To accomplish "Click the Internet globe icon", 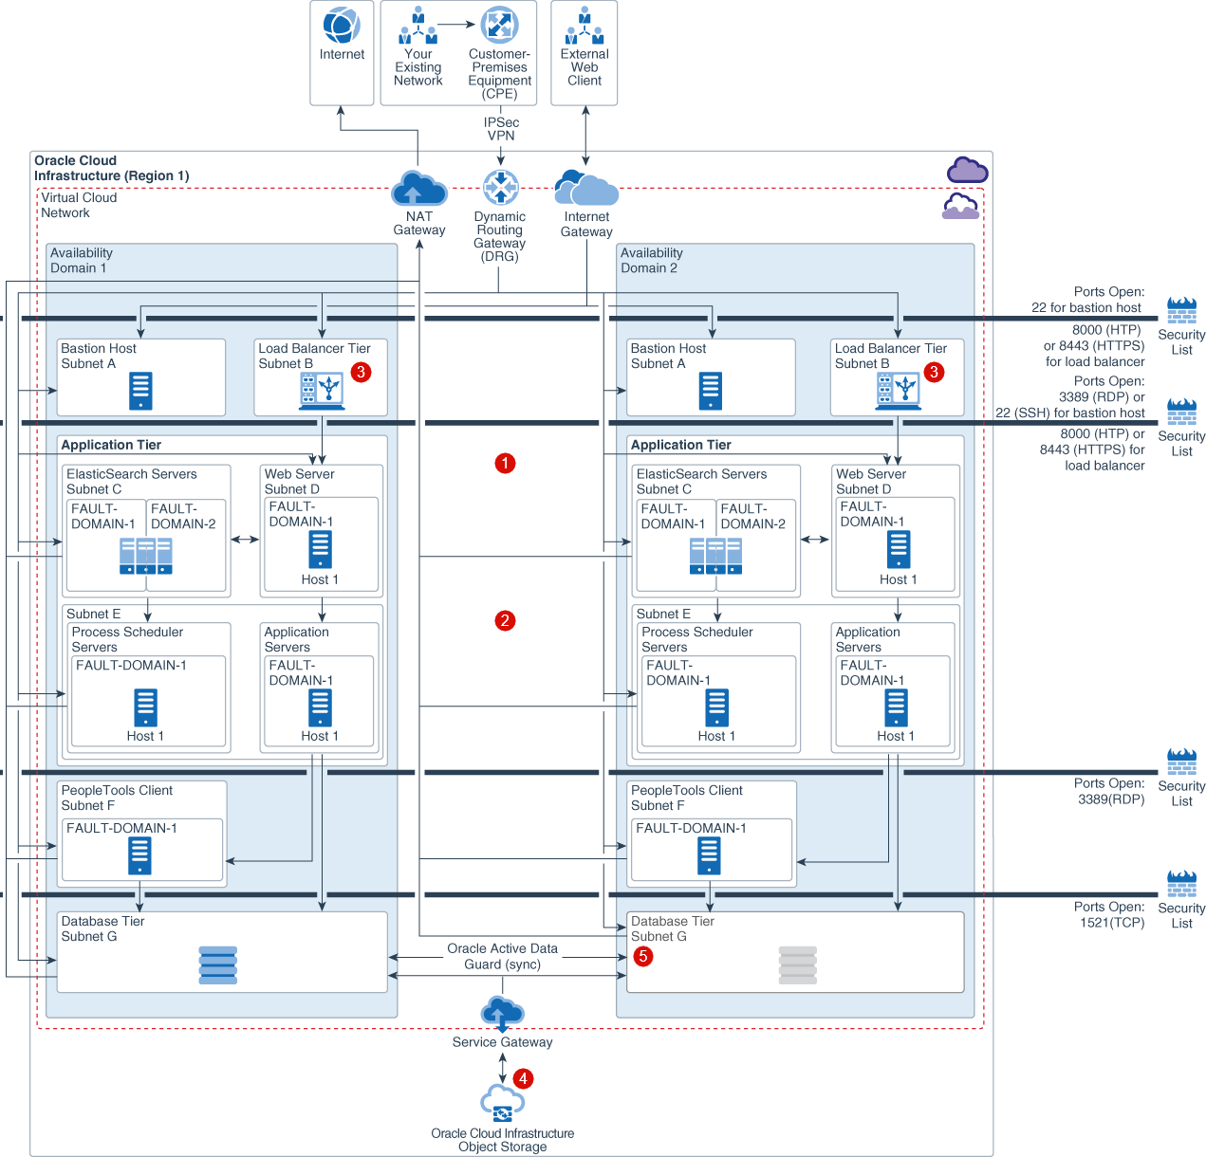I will [x=342, y=26].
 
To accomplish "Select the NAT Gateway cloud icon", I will [x=418, y=189].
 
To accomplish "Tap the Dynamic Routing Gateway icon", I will [x=500, y=188].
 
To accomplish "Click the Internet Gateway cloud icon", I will [x=586, y=188].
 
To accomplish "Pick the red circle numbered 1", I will [x=505, y=463].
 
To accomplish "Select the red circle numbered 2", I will [x=505, y=620].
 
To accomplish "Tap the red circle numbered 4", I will [x=523, y=1078].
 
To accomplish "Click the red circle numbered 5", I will [x=643, y=956].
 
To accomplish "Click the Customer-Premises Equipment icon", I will [x=499, y=25].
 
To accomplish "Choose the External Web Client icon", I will [x=584, y=26].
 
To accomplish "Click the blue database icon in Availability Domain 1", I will [x=218, y=964].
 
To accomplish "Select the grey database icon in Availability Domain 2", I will [x=797, y=964].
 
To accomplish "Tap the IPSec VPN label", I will [x=501, y=129].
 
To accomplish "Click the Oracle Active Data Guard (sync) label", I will [x=502, y=956].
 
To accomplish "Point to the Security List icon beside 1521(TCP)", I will [x=1181, y=884].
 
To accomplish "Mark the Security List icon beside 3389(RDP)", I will [x=1181, y=762].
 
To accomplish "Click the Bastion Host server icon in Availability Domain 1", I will [x=140, y=391].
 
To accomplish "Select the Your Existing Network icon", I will [x=417, y=26].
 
